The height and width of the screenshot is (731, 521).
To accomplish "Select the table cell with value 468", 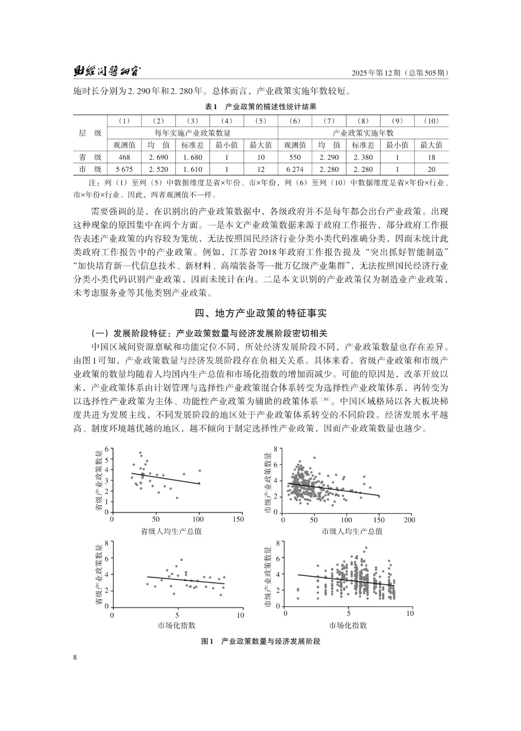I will pos(124,157).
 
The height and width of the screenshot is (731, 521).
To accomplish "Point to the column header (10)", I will pos(431,121).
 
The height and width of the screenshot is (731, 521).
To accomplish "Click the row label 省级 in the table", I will pos(90,157).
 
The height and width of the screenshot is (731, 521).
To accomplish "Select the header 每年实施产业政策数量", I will pos(192,133).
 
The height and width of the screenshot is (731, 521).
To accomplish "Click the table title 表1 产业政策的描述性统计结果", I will pos(260,107).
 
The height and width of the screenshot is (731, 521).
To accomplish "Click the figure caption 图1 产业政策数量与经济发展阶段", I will pos(261,641).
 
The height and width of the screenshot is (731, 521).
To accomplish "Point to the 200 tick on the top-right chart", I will pos(410,520).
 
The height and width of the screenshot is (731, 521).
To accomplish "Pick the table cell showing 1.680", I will pos(192,157).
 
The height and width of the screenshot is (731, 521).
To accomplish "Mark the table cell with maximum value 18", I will pos(431,157).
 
